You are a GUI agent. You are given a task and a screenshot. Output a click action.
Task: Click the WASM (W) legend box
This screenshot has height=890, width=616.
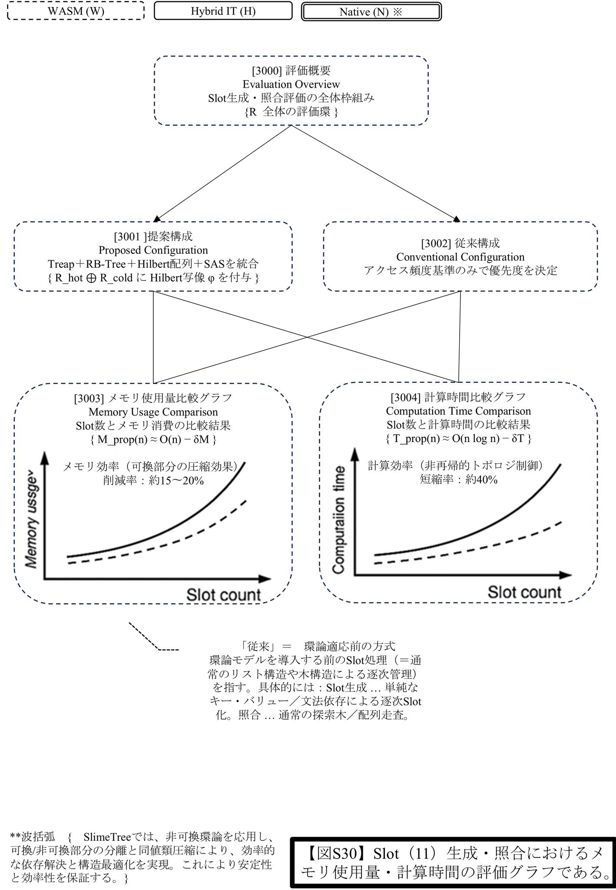click(76, 11)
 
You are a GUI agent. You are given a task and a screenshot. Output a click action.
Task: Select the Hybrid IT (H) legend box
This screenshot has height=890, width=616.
click(223, 11)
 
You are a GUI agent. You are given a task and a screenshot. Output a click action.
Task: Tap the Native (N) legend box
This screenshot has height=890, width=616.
click(371, 12)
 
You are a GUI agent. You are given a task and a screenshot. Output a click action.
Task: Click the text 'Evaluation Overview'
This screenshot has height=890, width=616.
click(291, 84)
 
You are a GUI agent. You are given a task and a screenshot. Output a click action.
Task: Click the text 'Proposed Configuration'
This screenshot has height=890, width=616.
click(153, 250)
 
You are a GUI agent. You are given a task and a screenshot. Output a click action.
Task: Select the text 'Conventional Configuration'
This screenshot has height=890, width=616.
click(460, 257)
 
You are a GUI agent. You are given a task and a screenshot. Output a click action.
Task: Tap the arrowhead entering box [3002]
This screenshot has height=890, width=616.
click(456, 219)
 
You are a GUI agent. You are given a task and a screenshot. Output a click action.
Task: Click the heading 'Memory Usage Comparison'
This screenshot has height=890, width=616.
click(153, 412)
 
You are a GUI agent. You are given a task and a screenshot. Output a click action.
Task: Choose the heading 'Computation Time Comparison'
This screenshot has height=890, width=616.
click(458, 411)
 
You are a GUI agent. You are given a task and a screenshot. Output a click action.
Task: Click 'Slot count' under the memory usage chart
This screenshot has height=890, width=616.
click(223, 594)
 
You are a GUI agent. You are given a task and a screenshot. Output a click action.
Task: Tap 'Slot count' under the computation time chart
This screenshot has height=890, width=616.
click(524, 592)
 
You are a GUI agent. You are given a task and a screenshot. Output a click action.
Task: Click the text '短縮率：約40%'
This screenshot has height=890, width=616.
click(458, 480)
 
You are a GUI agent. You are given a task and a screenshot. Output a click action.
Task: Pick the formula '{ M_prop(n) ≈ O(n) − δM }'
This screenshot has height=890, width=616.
click(153, 439)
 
